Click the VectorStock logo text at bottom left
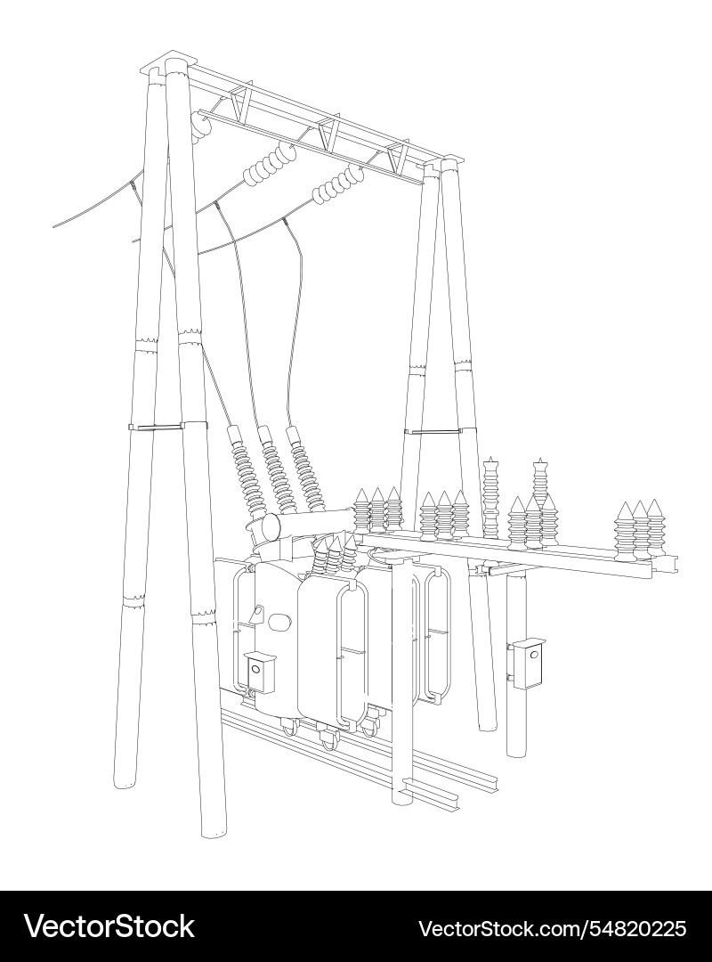(109, 926)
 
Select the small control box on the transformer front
(260, 672)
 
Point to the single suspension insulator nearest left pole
(201, 127)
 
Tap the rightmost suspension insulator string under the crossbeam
(338, 183)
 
